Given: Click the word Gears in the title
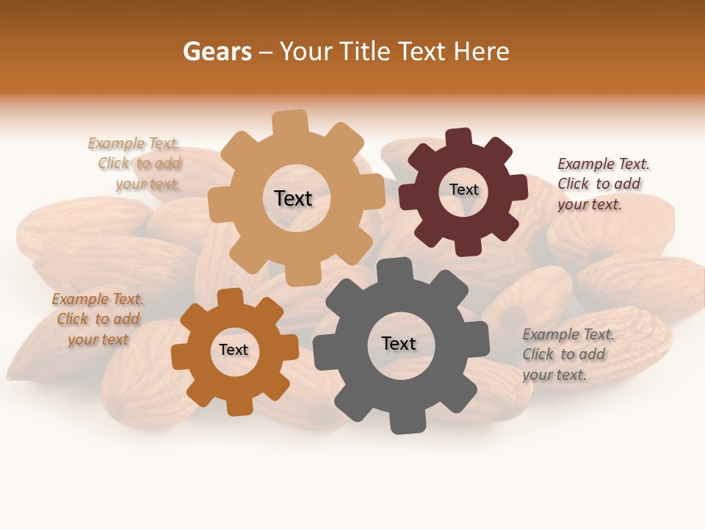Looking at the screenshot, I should point(217,51).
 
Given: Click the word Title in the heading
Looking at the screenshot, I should point(365,51).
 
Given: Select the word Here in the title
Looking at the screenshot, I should point(482,51).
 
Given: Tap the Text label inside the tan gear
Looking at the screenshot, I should point(293,198).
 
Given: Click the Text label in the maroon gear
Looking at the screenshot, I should point(463,190).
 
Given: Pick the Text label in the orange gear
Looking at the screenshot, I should point(234,350).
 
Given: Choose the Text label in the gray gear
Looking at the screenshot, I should point(399,343).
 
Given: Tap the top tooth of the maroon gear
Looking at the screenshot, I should point(460,138).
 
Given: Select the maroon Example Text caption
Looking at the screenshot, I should point(602,184).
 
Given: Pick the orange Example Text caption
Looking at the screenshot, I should point(98,319).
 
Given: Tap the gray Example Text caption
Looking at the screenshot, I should point(567,354).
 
